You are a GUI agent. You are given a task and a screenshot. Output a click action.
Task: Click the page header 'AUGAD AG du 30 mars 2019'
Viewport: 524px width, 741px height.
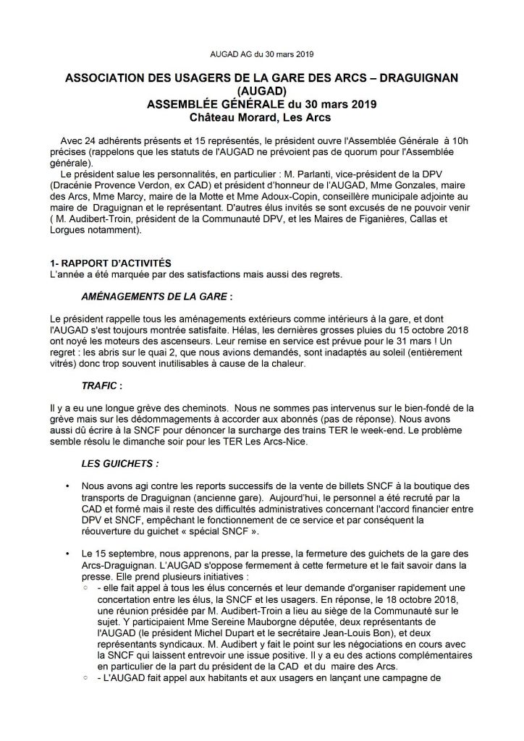pos(262,54)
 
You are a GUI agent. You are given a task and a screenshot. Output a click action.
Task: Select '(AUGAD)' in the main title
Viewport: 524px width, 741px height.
pos(261,92)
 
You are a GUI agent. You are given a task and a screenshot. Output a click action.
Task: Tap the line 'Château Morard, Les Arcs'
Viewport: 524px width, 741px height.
pos(261,117)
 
